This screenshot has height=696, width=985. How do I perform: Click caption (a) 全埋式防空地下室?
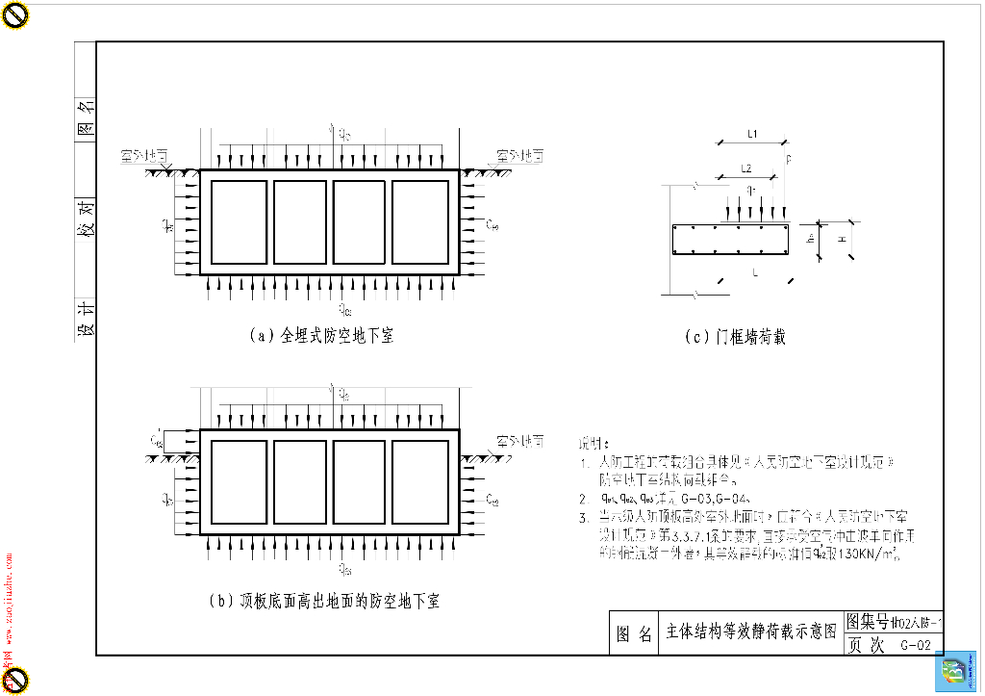[321, 336]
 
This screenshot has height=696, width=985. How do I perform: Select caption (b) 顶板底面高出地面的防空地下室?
[324, 601]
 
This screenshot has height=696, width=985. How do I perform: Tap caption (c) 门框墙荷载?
[736, 337]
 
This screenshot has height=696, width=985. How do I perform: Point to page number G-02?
[915, 646]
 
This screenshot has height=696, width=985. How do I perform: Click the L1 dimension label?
[753, 133]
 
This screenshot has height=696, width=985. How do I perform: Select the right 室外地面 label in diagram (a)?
[519, 154]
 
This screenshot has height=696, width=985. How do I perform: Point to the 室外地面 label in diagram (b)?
[519, 440]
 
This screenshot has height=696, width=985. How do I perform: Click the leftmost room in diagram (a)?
[239, 221]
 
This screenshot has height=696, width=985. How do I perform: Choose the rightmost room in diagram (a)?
[419, 221]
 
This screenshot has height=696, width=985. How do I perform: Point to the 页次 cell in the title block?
[865, 646]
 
